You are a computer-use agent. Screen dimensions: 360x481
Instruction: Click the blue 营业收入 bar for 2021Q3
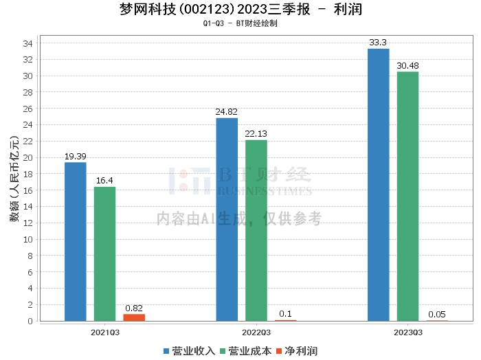[76, 241]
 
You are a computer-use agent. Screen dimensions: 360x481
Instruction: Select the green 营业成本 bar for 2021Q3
[105, 254]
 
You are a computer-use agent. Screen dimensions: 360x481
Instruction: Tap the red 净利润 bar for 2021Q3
[134, 317]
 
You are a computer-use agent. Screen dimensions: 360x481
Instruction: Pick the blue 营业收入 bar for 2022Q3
[227, 219]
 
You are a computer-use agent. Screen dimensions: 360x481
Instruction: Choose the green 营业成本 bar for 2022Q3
[256, 230]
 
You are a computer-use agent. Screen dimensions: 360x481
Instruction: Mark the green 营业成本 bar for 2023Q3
[407, 196]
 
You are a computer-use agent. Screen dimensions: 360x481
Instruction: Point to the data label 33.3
[379, 42]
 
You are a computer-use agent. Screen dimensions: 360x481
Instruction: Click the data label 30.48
[407, 65]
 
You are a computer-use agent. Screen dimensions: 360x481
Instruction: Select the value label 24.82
[227, 111]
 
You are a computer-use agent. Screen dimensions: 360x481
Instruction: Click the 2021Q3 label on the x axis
[105, 332]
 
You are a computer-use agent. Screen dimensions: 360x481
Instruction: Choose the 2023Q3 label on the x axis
[407, 332]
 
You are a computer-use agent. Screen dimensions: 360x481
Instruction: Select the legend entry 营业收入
[189, 350]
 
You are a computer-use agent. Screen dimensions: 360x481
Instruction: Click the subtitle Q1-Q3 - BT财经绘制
[240, 24]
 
